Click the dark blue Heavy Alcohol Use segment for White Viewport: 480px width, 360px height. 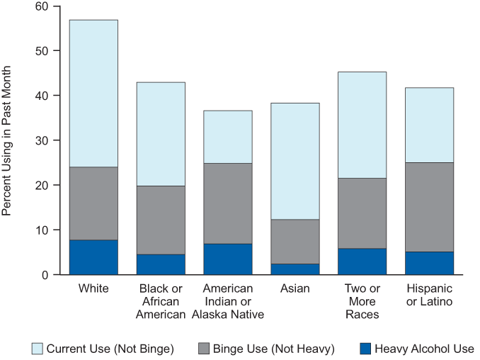(x=93, y=257)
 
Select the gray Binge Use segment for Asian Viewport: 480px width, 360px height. (x=295, y=242)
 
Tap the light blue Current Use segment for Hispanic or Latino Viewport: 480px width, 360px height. (x=430, y=125)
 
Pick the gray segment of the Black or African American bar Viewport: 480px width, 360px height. (x=161, y=220)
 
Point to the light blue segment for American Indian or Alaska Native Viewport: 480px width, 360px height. (x=228, y=137)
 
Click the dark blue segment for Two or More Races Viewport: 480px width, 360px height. (x=362, y=261)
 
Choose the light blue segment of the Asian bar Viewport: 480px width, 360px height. (x=295, y=161)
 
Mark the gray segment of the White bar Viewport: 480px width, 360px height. (x=93, y=203)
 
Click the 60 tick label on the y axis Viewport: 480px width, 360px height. (x=42, y=6)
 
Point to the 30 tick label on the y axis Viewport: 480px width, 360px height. (x=42, y=140)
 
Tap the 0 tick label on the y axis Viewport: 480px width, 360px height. (x=45, y=275)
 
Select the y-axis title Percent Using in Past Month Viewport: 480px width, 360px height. (x=6, y=140)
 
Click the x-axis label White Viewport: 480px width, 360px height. (x=93, y=288)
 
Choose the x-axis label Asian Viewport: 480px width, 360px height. (x=295, y=288)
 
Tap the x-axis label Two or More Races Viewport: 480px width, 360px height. (x=362, y=301)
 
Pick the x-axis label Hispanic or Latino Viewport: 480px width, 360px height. (x=430, y=295)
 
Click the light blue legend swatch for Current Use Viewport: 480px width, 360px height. (x=38, y=349)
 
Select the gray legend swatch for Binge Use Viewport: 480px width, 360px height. (x=204, y=349)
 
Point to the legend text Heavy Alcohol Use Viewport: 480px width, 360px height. (x=424, y=349)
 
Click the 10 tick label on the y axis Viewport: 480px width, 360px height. (x=42, y=230)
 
